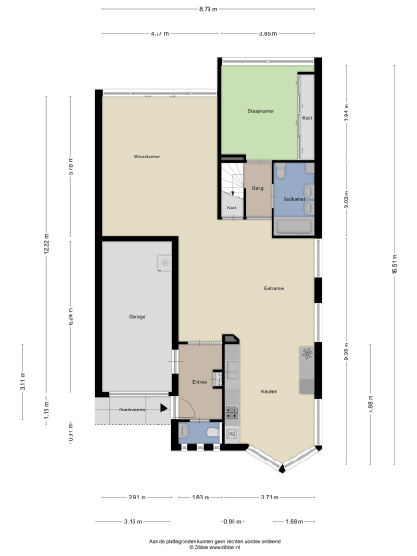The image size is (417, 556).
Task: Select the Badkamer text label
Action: pyautogui.click(x=294, y=198)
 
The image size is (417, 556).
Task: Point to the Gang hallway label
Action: pyautogui.click(x=259, y=188)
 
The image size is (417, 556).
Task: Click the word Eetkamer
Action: pyautogui.click(x=273, y=288)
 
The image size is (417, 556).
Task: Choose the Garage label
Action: pyautogui.click(x=135, y=317)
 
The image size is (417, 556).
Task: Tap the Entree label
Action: pyautogui.click(x=198, y=380)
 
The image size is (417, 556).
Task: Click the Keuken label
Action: pyautogui.click(x=268, y=391)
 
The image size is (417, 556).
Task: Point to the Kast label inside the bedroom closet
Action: pyautogui.click(x=307, y=118)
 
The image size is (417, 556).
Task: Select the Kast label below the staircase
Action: pyautogui.click(x=231, y=208)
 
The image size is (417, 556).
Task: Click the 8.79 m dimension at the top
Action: pyautogui.click(x=208, y=9)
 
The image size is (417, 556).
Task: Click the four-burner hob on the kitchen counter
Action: pyautogui.click(x=307, y=355)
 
